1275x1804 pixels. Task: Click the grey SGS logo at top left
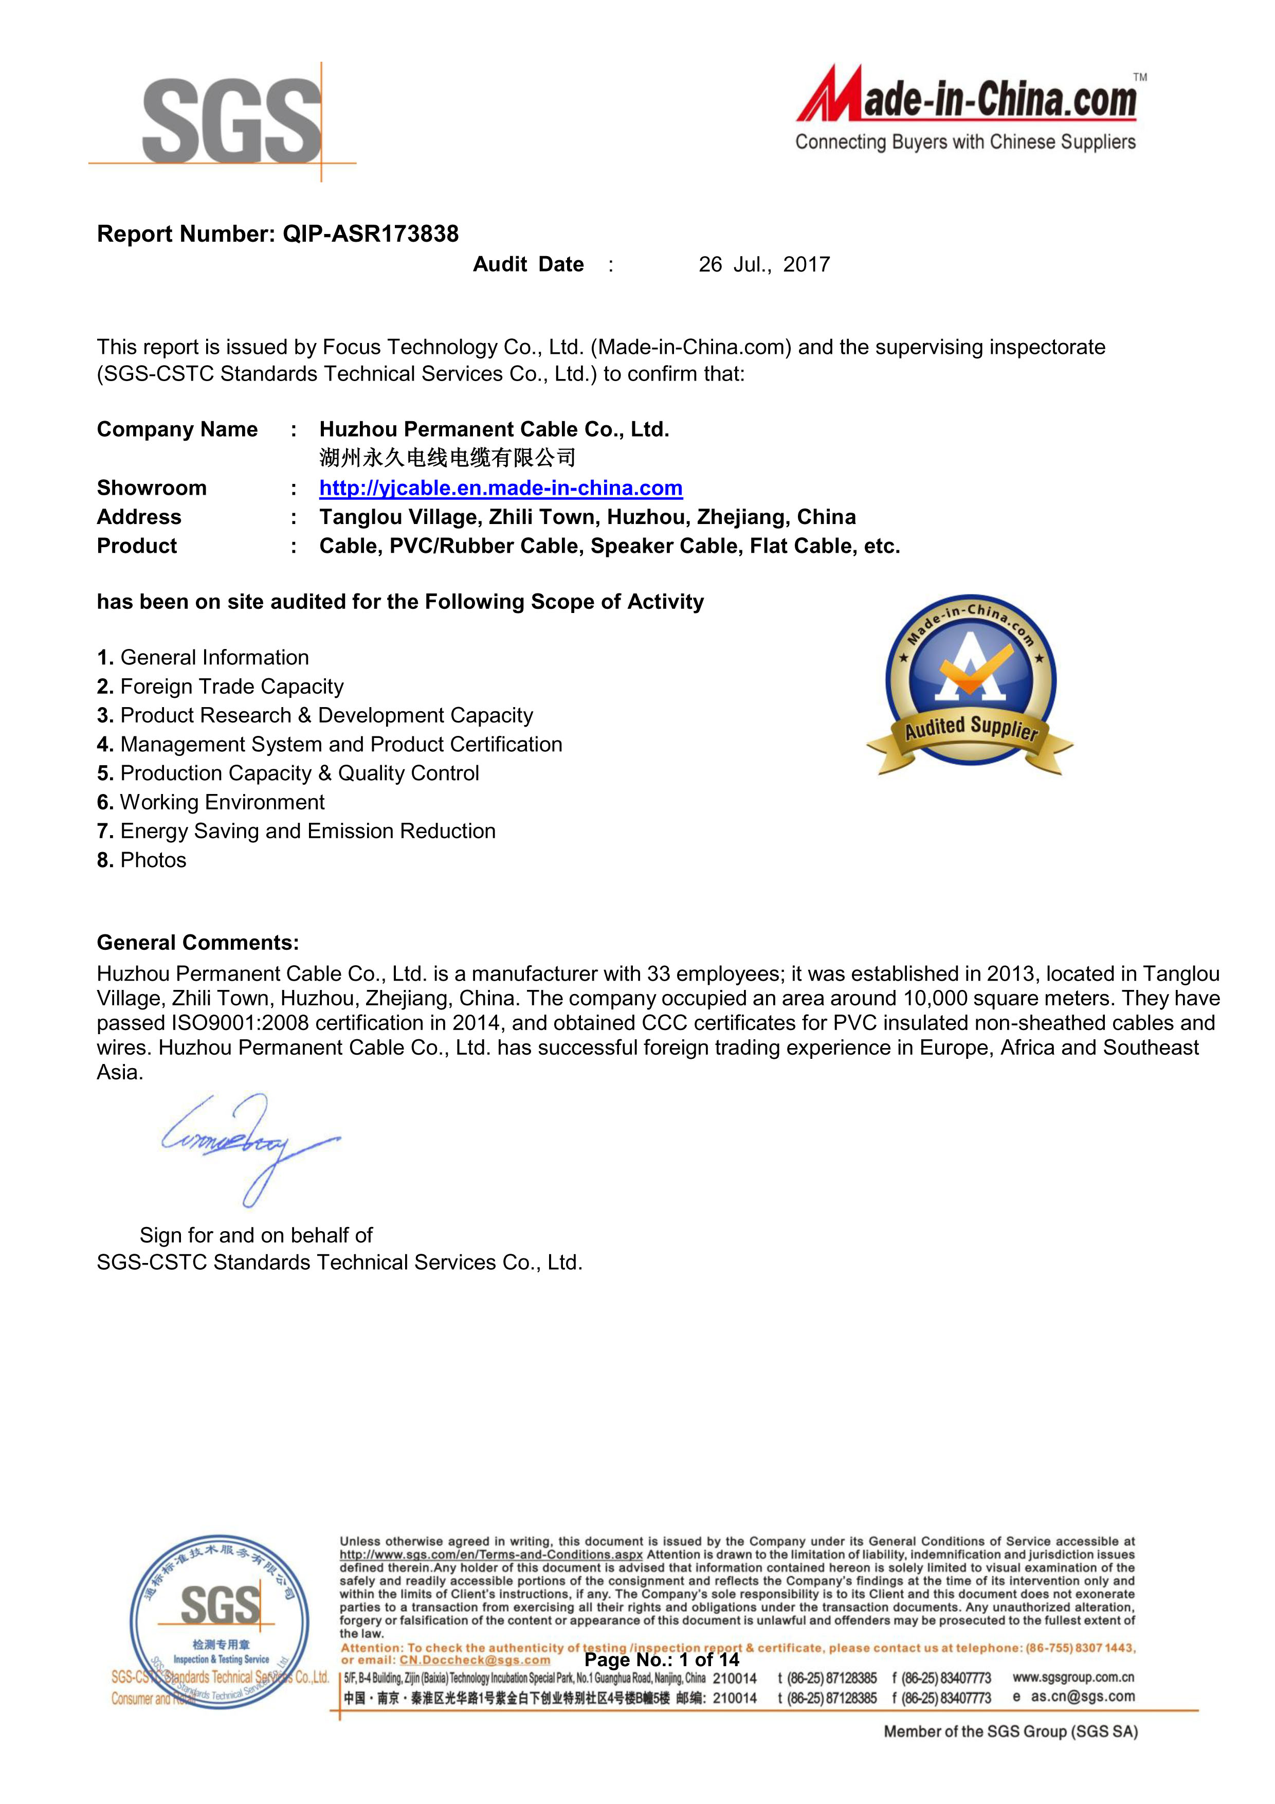232,122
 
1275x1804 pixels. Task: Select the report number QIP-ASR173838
370,233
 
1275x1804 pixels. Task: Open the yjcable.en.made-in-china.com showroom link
500,488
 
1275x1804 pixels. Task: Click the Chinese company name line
447,457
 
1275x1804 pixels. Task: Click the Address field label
139,517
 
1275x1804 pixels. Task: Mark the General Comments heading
197,942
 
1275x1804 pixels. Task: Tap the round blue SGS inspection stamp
219,1622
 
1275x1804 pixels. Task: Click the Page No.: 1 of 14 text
662,1659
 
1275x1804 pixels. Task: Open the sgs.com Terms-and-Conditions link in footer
491,1554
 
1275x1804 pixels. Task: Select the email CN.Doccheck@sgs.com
475,1659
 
